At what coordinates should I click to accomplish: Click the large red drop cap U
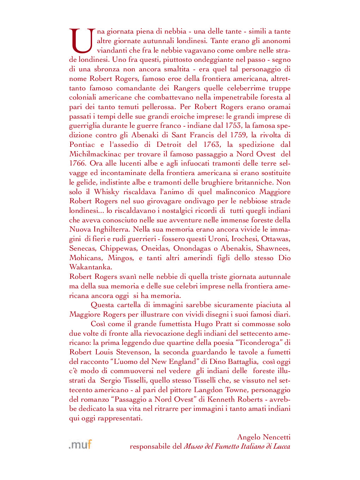coord(82,41)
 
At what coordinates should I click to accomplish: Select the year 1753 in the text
coord(233,126)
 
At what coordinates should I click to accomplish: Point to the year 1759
coord(238,135)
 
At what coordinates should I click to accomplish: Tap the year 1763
coord(212,145)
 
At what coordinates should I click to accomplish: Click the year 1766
coord(77,163)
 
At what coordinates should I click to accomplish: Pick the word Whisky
coord(107,192)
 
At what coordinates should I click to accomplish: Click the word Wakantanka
coord(90,267)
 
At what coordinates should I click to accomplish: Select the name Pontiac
coord(82,145)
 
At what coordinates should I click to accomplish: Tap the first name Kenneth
coord(221,400)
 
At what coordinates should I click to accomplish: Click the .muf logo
coord(80,444)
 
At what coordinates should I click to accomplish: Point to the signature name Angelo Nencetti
coord(264,437)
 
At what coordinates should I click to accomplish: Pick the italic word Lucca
coord(281,446)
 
